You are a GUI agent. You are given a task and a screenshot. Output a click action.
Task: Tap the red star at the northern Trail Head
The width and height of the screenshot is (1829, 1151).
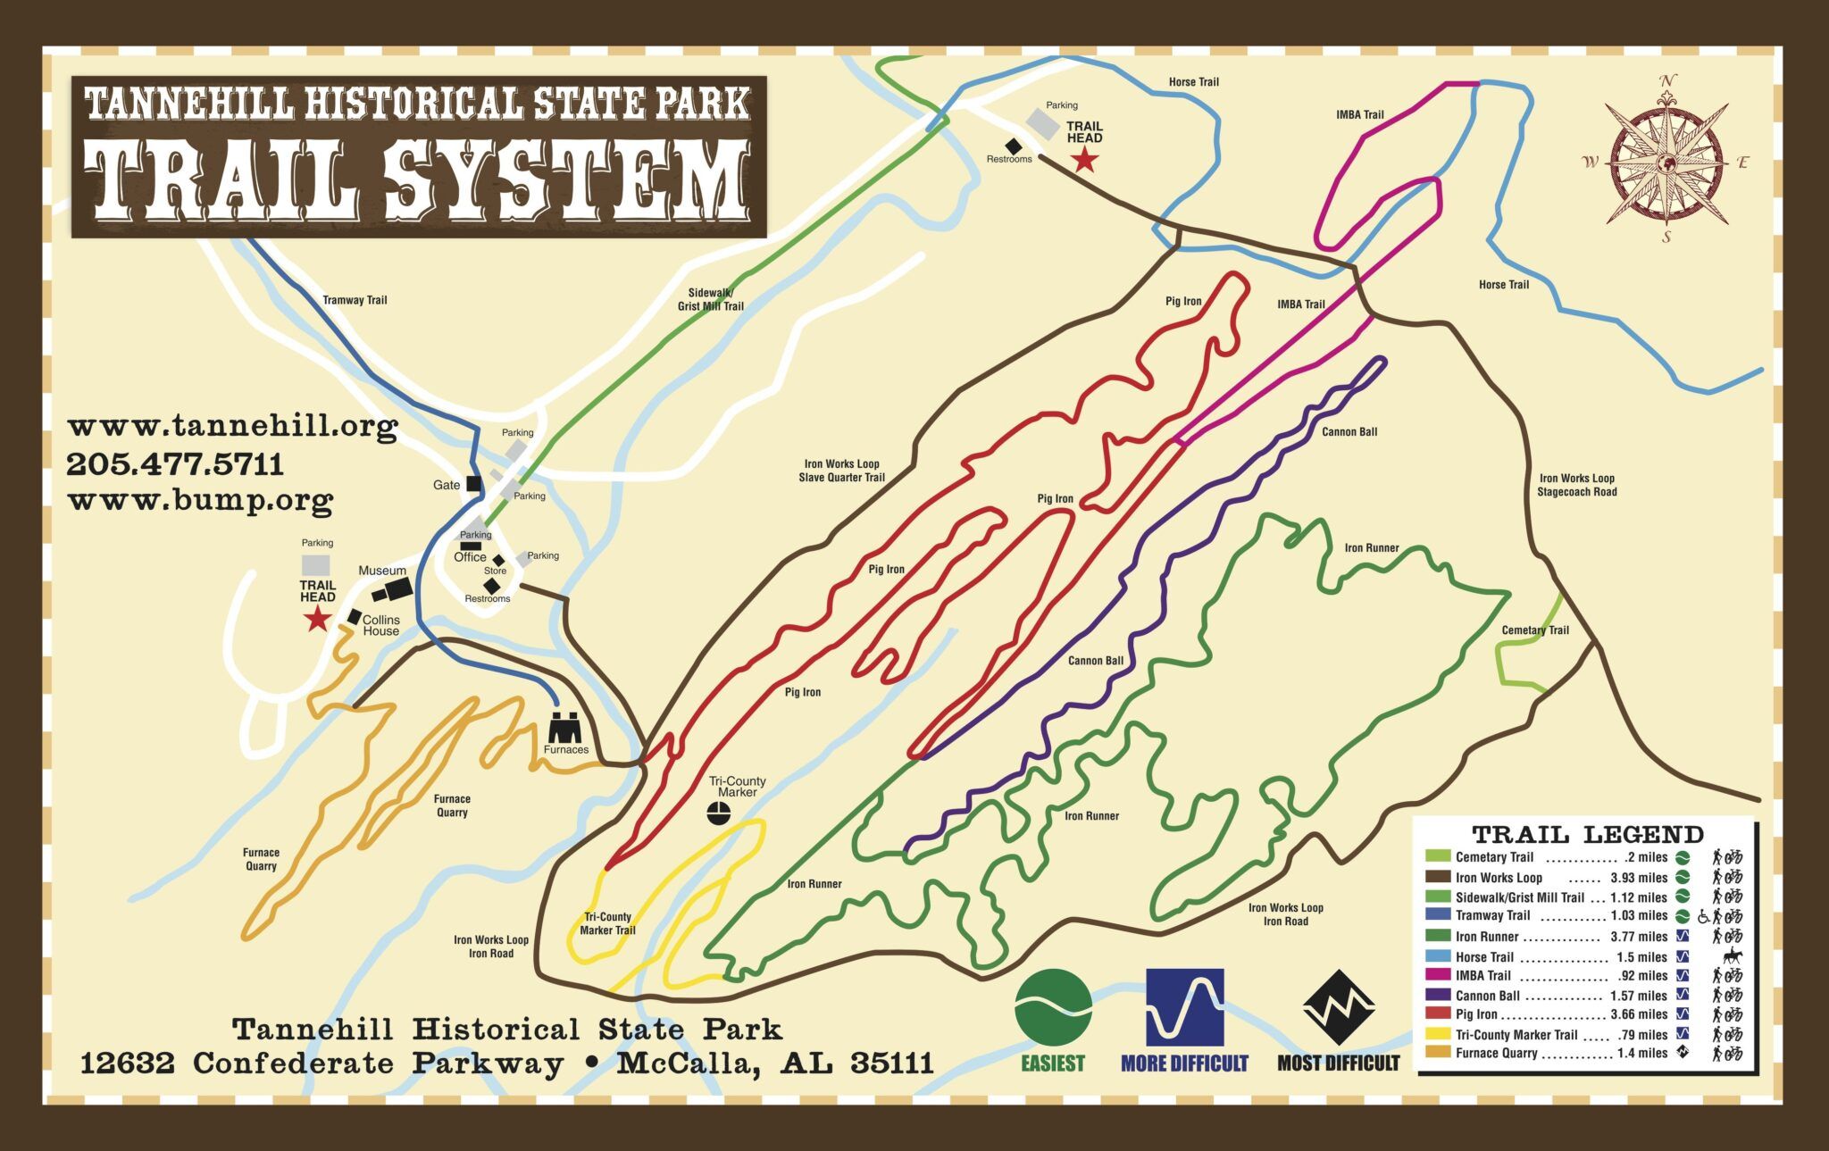[x=1084, y=160]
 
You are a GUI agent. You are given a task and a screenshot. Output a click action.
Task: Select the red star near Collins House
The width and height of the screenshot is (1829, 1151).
[x=317, y=618]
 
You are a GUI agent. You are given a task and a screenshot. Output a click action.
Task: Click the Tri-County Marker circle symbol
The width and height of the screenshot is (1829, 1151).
[x=719, y=813]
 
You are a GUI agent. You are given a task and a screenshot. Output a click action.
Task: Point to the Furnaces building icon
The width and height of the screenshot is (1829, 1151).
[x=564, y=728]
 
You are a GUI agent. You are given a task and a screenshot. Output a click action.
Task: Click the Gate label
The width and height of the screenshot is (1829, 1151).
[x=447, y=485]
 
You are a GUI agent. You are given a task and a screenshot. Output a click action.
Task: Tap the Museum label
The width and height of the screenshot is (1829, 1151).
[x=382, y=571]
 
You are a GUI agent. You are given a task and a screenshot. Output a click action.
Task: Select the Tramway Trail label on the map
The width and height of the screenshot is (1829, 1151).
[x=355, y=300]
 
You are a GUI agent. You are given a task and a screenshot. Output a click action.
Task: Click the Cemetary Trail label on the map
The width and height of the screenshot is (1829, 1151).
[x=1535, y=630]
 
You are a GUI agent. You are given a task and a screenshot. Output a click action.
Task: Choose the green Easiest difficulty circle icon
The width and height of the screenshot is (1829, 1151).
[x=1053, y=1007]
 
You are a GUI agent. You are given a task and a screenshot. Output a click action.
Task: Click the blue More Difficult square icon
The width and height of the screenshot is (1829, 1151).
[x=1184, y=1007]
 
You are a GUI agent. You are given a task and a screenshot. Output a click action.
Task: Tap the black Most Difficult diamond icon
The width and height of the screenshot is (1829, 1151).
[x=1338, y=1007]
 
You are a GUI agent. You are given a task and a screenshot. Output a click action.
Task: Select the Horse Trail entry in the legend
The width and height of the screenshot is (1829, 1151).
[x=1484, y=957]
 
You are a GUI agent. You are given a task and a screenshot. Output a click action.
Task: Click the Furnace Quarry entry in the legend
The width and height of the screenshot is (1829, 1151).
[x=1496, y=1054]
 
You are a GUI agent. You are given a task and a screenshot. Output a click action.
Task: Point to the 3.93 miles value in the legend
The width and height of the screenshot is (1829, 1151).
[x=1639, y=878]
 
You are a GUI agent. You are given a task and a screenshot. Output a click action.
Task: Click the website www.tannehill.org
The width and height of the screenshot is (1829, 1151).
[x=232, y=426]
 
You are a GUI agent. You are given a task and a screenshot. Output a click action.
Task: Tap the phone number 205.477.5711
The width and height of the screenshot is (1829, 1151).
[x=175, y=464]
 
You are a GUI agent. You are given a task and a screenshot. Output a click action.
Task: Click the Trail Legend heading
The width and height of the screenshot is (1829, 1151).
[x=1587, y=835]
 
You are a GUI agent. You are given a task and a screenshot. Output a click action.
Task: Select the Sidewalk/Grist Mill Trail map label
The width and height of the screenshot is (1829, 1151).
[x=710, y=299]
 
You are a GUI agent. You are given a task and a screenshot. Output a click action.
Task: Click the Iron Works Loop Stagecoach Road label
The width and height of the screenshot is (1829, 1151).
[x=1576, y=485]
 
